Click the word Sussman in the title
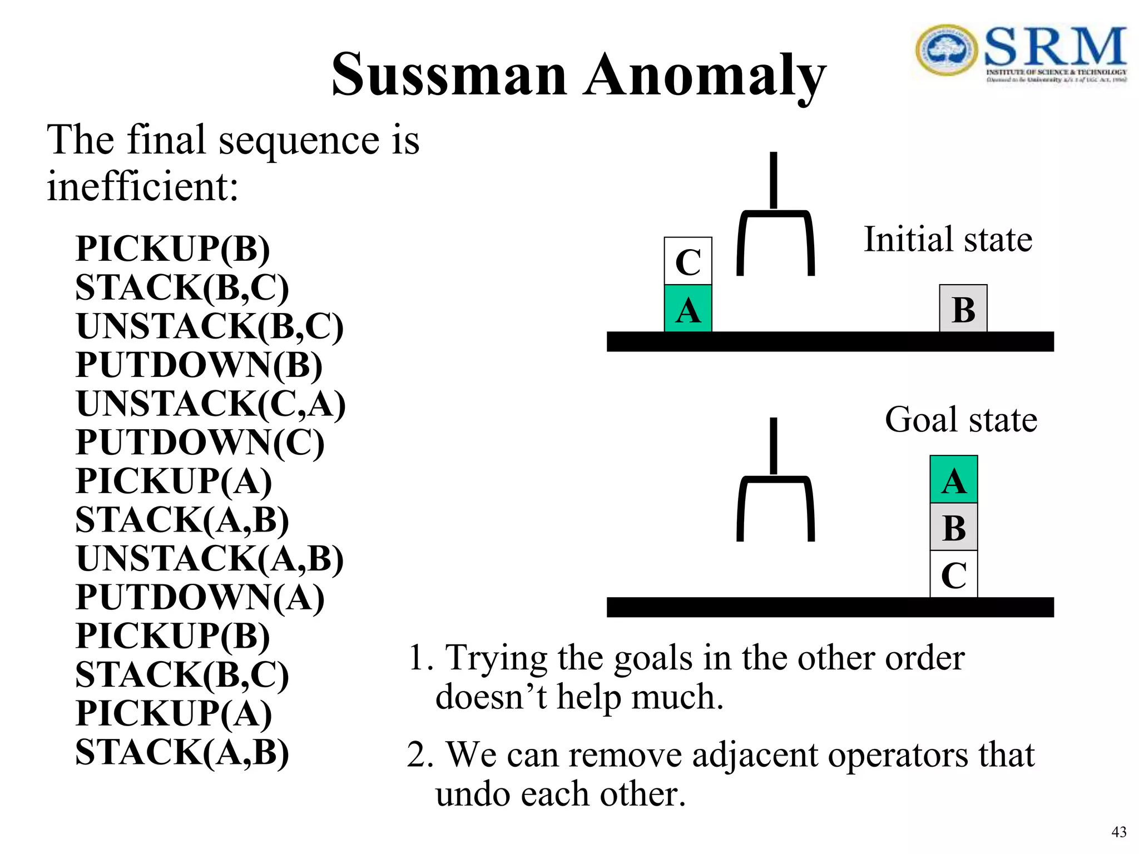[449, 75]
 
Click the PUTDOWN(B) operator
[199, 365]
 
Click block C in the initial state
[688, 261]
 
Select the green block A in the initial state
[688, 309]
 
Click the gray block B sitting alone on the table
[963, 309]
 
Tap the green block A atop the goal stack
[954, 480]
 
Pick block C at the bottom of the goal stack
[954, 574]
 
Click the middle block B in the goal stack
[954, 527]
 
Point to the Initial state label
[948, 240]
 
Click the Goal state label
[960, 419]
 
